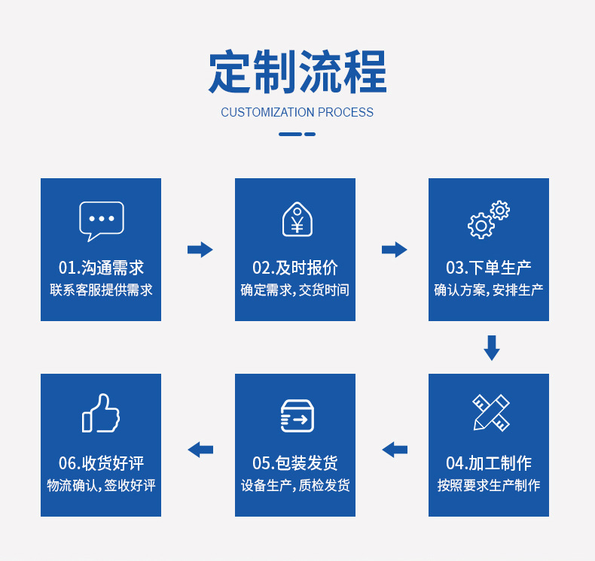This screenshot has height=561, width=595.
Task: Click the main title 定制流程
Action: click(x=297, y=71)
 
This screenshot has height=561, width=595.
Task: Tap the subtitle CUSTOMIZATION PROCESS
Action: click(x=297, y=112)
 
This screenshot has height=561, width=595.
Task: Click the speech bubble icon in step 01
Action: click(x=102, y=221)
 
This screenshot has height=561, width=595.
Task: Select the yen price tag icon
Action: click(x=297, y=219)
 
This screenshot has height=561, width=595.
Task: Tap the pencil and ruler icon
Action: click(x=491, y=412)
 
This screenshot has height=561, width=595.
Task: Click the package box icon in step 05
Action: click(x=297, y=416)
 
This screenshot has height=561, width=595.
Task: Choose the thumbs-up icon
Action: click(x=101, y=413)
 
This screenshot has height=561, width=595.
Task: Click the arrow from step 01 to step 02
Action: click(x=200, y=250)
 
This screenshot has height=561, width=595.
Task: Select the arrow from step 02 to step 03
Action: click(x=394, y=250)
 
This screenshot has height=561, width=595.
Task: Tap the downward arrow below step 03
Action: click(x=492, y=347)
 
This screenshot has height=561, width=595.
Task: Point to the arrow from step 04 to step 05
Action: click(x=395, y=450)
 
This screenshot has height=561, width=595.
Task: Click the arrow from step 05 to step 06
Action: click(x=200, y=450)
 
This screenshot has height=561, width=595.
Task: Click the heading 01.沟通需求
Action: click(x=102, y=268)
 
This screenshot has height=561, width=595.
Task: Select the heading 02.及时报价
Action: click(x=295, y=268)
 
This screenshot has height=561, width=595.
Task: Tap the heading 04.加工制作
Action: click(x=489, y=463)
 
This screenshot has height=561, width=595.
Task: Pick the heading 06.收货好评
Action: click(x=102, y=463)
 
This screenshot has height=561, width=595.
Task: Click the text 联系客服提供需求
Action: click(x=102, y=290)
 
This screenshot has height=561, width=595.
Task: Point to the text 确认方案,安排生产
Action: click(x=489, y=290)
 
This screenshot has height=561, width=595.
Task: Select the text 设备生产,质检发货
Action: click(x=295, y=485)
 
